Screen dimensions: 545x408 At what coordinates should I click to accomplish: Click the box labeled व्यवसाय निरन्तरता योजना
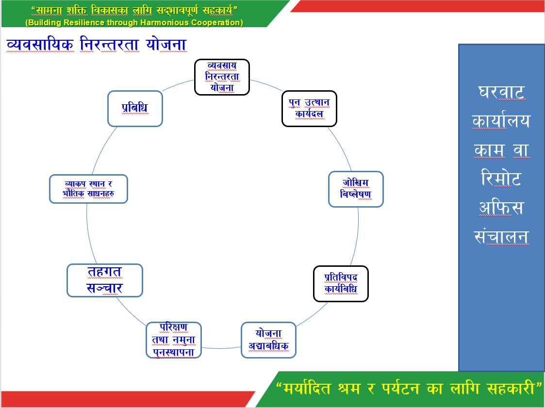pyautogui.click(x=222, y=77)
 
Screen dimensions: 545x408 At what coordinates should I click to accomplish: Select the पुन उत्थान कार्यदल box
pyautogui.click(x=309, y=109)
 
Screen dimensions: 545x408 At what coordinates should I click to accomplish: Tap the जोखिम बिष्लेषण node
pyautogui.click(x=356, y=189)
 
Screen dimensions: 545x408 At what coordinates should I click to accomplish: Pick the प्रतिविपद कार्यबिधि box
pyautogui.click(x=341, y=283)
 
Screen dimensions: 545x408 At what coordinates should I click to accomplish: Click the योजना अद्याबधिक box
pyautogui.click(x=268, y=340)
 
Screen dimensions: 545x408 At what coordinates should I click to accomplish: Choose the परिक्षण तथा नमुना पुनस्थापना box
pyautogui.click(x=173, y=340)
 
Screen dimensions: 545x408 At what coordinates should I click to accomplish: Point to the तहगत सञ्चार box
pyautogui.click(x=105, y=280)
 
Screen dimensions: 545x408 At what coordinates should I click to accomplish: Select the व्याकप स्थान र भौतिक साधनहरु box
pyautogui.click(x=88, y=189)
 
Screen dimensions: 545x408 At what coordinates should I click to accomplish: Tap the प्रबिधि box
pyautogui.click(x=134, y=108)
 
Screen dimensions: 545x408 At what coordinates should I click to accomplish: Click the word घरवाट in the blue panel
pyautogui.click(x=501, y=92)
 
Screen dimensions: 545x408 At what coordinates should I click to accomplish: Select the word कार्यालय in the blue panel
pyautogui.click(x=501, y=121)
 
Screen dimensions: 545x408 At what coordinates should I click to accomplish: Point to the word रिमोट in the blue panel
pyautogui.click(x=501, y=179)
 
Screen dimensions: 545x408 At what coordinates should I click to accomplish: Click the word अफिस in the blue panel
pyautogui.click(x=501, y=208)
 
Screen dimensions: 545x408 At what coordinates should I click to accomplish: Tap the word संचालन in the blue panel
pyautogui.click(x=501, y=237)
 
